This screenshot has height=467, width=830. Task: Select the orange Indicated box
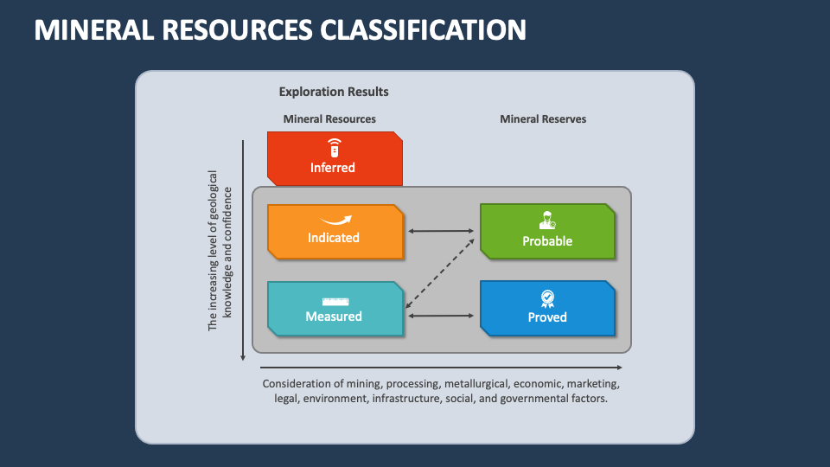(335, 232)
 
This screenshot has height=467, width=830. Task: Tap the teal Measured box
(335, 309)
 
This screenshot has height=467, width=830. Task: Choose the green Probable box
(547, 232)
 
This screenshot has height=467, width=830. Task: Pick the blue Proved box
(547, 309)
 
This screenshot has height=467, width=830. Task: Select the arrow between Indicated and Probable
(441, 231)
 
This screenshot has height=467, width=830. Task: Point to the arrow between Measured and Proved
(441, 316)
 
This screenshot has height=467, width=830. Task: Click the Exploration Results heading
(334, 92)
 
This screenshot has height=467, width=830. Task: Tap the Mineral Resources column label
(329, 118)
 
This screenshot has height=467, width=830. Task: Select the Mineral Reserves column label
(543, 118)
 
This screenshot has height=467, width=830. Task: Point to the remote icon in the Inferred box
(334, 147)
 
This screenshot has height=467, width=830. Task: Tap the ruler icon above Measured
(334, 301)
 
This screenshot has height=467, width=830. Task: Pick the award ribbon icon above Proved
(547, 298)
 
